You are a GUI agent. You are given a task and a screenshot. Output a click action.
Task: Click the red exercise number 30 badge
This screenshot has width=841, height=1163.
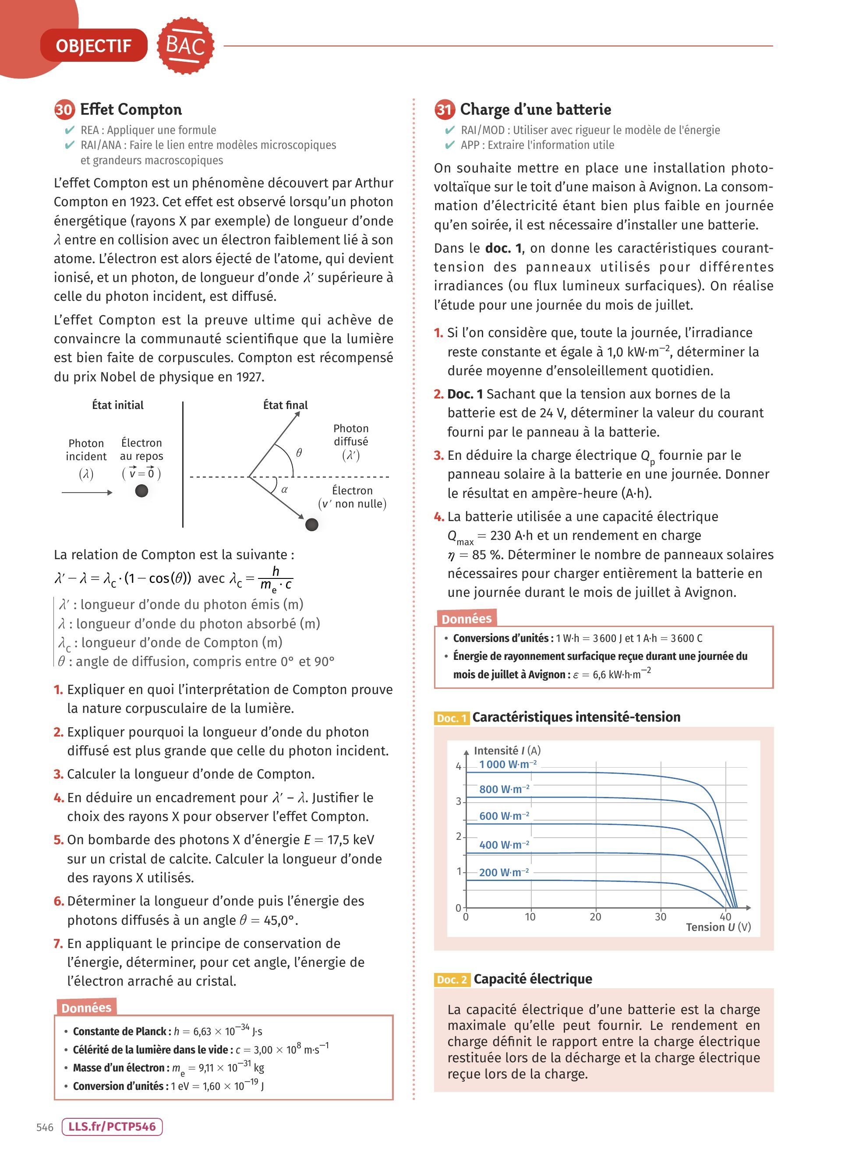click(64, 110)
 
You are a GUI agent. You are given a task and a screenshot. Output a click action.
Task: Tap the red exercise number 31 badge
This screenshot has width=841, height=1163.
click(444, 110)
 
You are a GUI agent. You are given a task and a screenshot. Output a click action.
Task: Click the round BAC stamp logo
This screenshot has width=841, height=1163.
click(185, 46)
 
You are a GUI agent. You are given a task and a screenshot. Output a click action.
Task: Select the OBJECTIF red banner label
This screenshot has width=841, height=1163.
click(94, 46)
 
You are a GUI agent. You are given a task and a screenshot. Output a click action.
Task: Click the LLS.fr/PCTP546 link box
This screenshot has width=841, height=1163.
click(112, 1127)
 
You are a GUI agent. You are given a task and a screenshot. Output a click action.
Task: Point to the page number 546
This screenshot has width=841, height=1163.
click(45, 1127)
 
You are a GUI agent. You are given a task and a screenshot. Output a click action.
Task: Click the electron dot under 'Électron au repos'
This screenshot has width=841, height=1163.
click(141, 491)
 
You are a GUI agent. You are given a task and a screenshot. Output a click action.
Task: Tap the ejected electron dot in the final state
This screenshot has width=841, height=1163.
click(311, 525)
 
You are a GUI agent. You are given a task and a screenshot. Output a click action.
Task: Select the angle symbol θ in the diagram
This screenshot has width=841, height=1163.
click(299, 452)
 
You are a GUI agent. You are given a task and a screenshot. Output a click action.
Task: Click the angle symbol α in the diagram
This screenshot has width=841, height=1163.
click(284, 489)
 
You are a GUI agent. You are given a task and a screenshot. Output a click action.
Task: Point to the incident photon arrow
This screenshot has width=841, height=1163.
click(87, 493)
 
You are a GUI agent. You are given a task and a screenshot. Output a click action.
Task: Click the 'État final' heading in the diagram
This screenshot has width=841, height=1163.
click(285, 405)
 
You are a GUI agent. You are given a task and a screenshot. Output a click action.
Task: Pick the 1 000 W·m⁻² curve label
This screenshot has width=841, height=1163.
click(508, 764)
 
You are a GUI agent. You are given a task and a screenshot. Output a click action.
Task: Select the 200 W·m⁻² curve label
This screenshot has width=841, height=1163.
click(504, 872)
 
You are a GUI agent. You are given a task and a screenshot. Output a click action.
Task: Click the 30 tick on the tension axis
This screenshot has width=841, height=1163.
click(661, 917)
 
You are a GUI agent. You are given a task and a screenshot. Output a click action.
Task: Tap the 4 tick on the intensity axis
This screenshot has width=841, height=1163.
click(459, 767)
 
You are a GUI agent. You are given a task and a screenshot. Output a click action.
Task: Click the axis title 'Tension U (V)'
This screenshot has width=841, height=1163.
click(718, 927)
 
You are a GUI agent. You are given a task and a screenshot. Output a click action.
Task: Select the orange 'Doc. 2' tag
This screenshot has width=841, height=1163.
click(451, 980)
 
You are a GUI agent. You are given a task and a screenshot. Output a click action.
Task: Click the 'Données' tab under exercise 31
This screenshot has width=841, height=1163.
click(466, 619)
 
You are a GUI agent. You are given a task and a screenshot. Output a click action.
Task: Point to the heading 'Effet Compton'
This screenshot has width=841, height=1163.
click(131, 110)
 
